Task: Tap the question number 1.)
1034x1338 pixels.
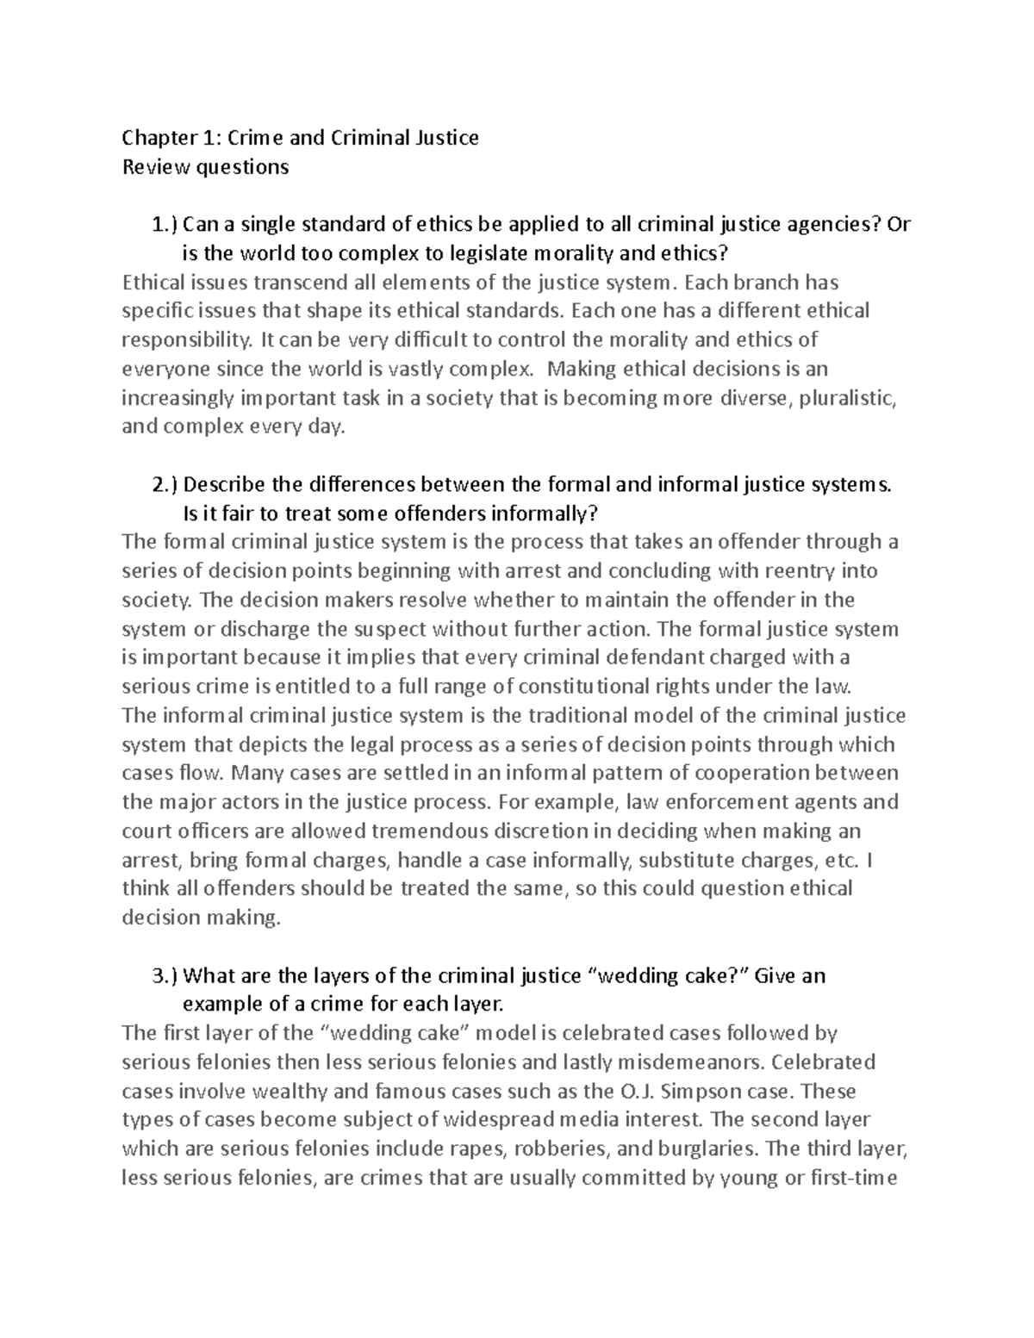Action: click(x=165, y=225)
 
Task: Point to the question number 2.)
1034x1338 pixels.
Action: click(x=165, y=484)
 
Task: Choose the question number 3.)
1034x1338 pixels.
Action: click(x=165, y=975)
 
